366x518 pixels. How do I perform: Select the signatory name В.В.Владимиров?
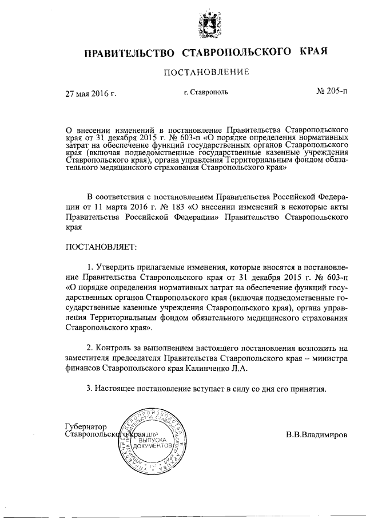pyautogui.click(x=316, y=434)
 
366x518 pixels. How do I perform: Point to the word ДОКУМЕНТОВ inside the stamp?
pyautogui.click(x=152, y=444)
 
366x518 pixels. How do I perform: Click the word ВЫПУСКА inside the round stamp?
pyautogui.click(x=152, y=438)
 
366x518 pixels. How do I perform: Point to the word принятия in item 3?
pyautogui.click(x=309, y=389)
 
